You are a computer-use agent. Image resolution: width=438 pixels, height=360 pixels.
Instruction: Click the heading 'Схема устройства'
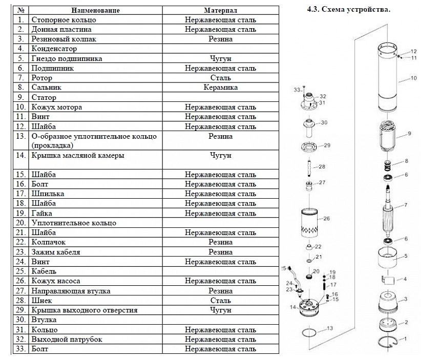pyautogui.click(x=356, y=10)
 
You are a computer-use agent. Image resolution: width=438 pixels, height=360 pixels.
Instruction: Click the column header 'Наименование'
pyautogui.click(x=95, y=10)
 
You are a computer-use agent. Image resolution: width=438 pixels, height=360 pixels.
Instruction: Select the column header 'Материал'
pyautogui.click(x=220, y=10)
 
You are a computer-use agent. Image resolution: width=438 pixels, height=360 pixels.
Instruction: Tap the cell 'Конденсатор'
pyautogui.click(x=54, y=49)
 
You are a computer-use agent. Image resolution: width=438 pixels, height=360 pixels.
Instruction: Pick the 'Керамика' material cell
pyautogui.click(x=220, y=88)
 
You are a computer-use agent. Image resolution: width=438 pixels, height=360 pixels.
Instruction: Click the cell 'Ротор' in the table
pyautogui.click(x=41, y=78)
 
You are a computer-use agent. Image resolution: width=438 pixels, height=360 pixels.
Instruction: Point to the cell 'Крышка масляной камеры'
pyautogui.click(x=78, y=155)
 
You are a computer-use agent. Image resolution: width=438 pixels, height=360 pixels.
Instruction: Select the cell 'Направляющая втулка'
pyautogui.click(x=71, y=291)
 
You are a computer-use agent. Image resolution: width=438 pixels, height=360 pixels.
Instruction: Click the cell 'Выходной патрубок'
pyautogui.click(x=67, y=340)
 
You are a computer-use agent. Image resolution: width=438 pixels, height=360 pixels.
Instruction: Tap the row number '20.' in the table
pyautogui.click(x=21, y=223)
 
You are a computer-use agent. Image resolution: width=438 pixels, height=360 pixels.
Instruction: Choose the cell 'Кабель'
pyautogui.click(x=44, y=271)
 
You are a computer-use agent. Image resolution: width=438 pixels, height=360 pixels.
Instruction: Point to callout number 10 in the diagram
pyautogui.click(x=414, y=78)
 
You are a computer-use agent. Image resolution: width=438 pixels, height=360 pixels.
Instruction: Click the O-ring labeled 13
pyautogui.click(x=309, y=333)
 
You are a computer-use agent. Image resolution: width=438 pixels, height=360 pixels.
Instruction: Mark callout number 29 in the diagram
pyautogui.click(x=327, y=145)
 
